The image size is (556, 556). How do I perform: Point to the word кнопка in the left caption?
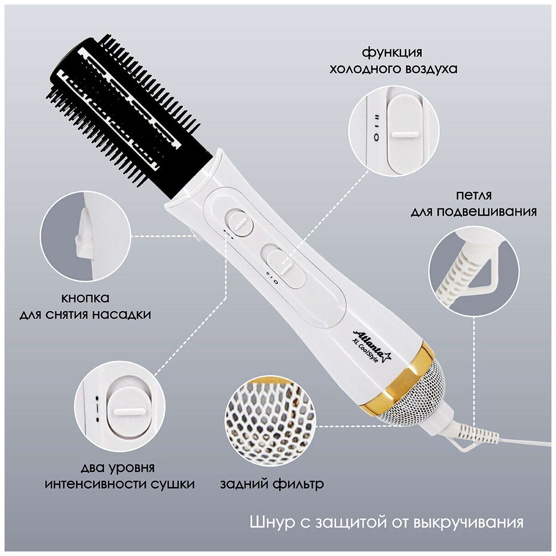(85, 298)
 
